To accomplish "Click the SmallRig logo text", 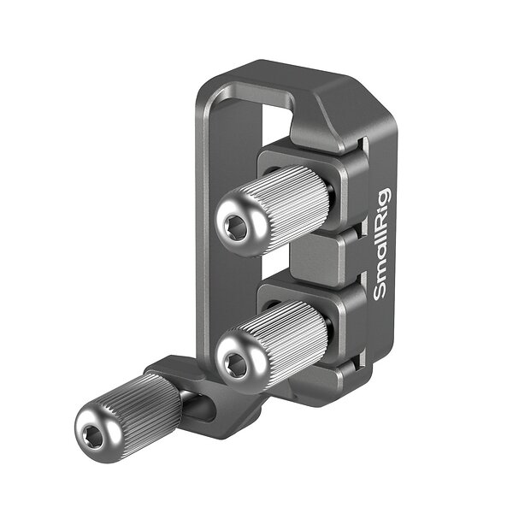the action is [x=382, y=244].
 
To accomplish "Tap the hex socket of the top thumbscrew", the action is [x=234, y=227].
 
